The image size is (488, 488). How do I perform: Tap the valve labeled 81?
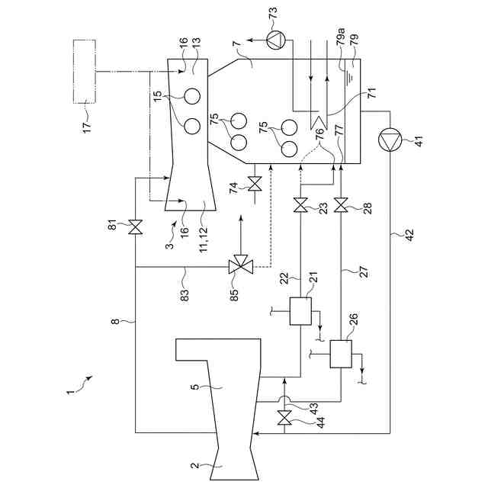pyautogui.click(x=136, y=226)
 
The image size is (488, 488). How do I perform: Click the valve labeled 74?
pyautogui.click(x=255, y=183)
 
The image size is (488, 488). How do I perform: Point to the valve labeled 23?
pyautogui.click(x=301, y=204)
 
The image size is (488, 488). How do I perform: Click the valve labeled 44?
pyautogui.click(x=285, y=417)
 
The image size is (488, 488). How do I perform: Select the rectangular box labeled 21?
pyautogui.click(x=301, y=311)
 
